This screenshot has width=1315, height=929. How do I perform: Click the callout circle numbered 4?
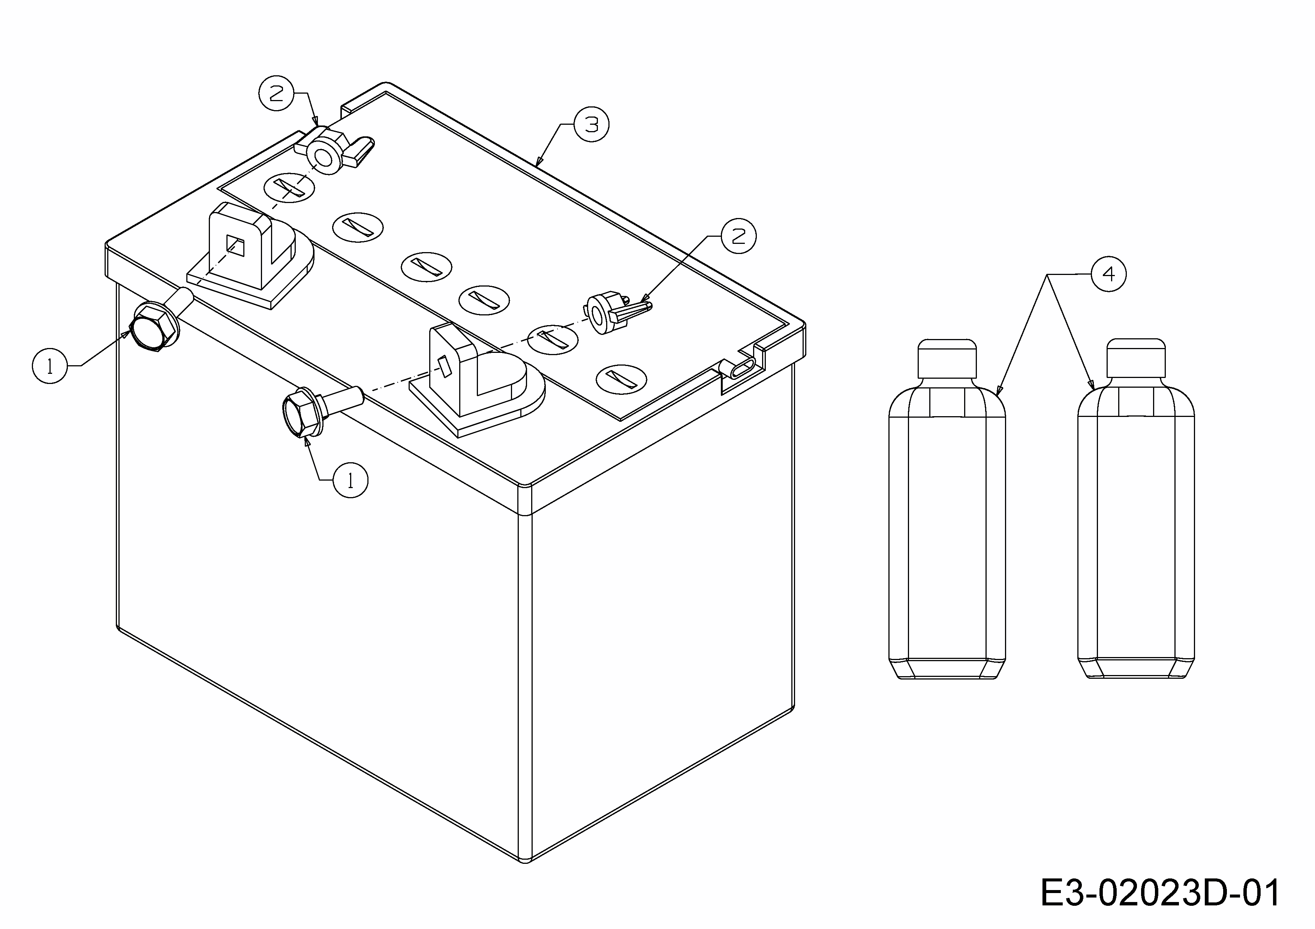[1109, 275]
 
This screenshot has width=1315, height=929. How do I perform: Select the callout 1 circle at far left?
[50, 367]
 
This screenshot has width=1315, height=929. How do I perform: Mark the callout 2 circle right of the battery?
[739, 236]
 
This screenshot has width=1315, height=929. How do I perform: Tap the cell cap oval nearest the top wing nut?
[289, 187]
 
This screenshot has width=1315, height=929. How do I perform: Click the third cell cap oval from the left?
[426, 267]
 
